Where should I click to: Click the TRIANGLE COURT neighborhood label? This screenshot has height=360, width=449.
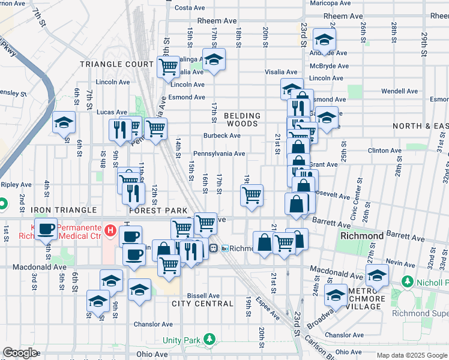pos(118,64)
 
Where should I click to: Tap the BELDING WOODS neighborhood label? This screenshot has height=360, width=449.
pos(243,119)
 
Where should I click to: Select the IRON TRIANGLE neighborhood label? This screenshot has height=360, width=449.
pos(64,210)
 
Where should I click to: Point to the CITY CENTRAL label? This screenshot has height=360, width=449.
pos(202,304)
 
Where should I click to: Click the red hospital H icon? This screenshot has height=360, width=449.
pos(110,230)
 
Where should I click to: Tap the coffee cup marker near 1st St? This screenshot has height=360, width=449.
pos(46,229)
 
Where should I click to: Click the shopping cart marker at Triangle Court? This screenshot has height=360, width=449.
pos(169,66)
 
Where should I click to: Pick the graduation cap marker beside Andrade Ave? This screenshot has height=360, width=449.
pos(324,40)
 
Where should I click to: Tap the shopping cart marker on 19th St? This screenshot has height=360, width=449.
pos(252,194)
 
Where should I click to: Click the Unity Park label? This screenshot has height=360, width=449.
pos(182,340)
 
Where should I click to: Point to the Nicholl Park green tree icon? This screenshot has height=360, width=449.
pos(406,281)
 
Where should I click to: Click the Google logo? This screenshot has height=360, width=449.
pos(20,353)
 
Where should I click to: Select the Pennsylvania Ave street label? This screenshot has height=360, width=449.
pos(218,154)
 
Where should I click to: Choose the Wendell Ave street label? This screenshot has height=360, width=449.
pos(399,91)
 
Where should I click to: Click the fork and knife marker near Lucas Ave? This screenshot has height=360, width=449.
pos(119,130)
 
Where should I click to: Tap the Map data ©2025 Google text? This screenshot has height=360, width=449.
pos(411,355)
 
